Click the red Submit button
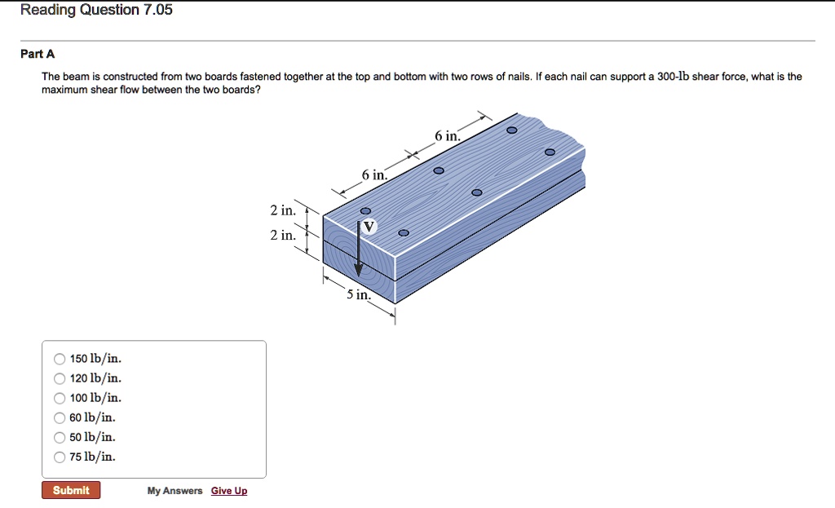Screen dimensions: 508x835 (x=71, y=490)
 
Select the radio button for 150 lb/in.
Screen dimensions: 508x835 (x=60, y=359)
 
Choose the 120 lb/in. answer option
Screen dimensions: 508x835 (x=60, y=378)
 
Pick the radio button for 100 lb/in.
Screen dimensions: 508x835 (x=60, y=398)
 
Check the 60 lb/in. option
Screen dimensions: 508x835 (x=60, y=417)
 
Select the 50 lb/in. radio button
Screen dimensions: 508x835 (x=60, y=437)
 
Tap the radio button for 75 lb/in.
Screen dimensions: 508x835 (x=60, y=457)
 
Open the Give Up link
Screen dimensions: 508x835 (x=228, y=491)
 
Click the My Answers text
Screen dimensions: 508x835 (x=175, y=491)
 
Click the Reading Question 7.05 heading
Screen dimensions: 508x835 (x=96, y=11)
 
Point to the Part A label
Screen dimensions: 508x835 (x=38, y=55)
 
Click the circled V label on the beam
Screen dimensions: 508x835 (x=369, y=227)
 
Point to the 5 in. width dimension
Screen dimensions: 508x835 (x=359, y=295)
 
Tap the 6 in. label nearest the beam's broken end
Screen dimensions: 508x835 (x=447, y=137)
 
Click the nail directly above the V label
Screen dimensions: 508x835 (x=365, y=210)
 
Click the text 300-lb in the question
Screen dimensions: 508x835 (x=673, y=77)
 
